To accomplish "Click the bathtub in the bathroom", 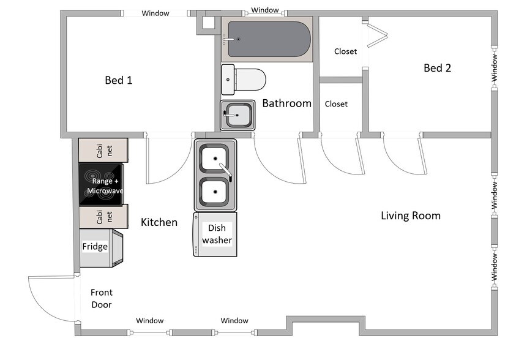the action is point(267,39).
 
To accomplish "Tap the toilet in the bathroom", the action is point(244,80).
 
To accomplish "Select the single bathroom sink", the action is point(237,115).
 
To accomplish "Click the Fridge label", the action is point(95,246).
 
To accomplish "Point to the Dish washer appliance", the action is point(215,234).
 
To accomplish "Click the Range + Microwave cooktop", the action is point(101,185).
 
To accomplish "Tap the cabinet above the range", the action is point(103,151).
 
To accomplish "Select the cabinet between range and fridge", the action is point(103,217).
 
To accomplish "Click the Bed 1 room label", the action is point(119,80).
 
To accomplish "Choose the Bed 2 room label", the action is point(437,68).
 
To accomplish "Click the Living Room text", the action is point(410,216).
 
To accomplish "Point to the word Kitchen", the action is point(159,222).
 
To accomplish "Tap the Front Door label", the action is point(102,299).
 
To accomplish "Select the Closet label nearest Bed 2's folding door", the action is point(345,51).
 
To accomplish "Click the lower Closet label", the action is point(336,104).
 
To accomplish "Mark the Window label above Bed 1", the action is point(155,13).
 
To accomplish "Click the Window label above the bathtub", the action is point(265,10).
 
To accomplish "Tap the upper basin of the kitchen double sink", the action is point(215,159).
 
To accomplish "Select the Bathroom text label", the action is point(286,103).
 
